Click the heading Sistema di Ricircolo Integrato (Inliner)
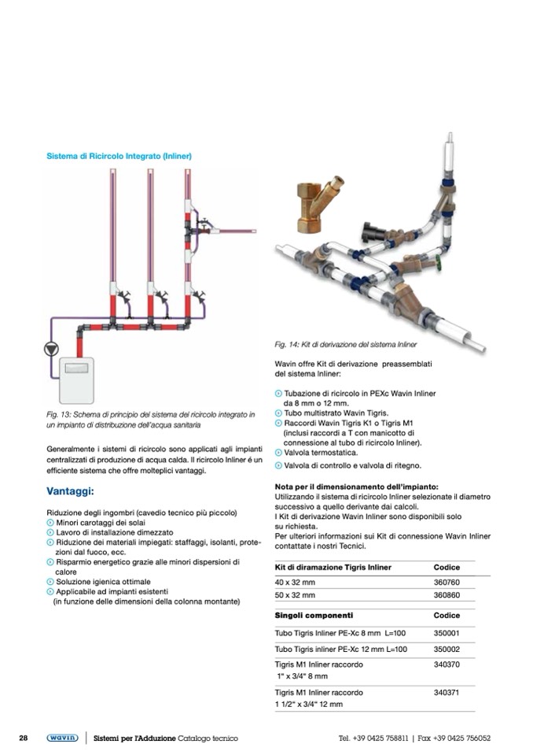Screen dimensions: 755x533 118,156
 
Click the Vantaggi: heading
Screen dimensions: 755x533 71,492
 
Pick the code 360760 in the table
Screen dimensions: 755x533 447,583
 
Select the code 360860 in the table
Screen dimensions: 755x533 447,595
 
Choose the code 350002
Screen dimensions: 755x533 447,649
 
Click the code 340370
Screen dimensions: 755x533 447,664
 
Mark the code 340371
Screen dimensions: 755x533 447,693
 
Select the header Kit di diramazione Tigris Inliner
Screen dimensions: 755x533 333,567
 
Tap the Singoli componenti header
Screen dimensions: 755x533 314,615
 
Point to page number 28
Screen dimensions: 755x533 24,738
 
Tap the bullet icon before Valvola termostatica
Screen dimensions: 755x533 278,453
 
